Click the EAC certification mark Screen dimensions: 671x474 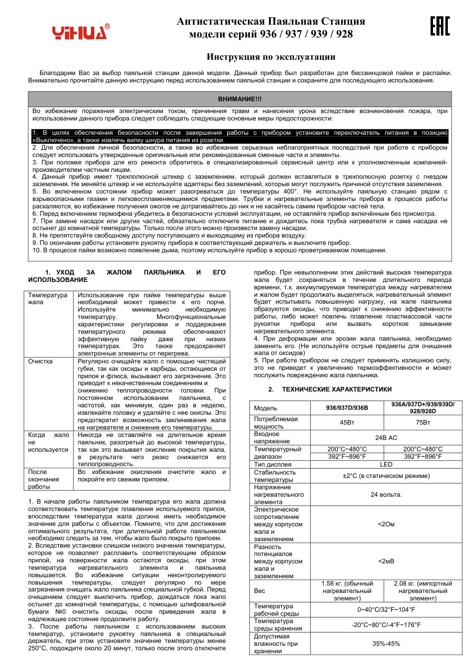[439, 26]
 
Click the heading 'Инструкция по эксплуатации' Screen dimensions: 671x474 [271, 57]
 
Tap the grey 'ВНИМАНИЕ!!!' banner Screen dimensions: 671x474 [239, 99]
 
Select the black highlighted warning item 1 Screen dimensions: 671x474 [239, 136]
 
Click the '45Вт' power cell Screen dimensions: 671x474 [347, 423]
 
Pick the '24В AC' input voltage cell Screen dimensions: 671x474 [386, 437]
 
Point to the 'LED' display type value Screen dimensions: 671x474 [386, 465]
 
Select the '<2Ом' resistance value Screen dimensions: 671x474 [386, 524]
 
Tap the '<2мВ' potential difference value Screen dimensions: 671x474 [386, 561]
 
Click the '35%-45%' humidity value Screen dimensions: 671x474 [386, 644]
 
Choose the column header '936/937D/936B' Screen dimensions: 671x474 [347, 408]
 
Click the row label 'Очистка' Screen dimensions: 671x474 [40, 361]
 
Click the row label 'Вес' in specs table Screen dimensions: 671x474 [260, 591]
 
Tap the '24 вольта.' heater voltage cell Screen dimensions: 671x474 [386, 495]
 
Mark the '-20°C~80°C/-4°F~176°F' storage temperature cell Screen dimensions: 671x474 [386, 625]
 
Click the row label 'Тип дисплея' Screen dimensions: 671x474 [273, 465]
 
